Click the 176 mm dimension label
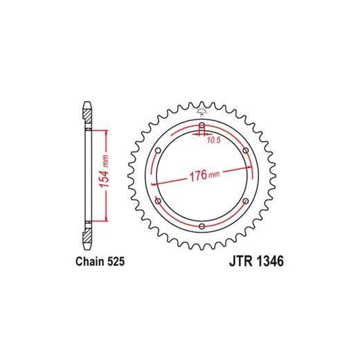(204, 175)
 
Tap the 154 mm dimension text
(105, 172)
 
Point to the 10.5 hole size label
(214, 140)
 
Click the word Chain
(90, 262)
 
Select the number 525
(116, 262)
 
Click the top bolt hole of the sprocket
(202, 126)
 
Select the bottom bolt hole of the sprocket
(202, 226)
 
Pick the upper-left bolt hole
(159, 151)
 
